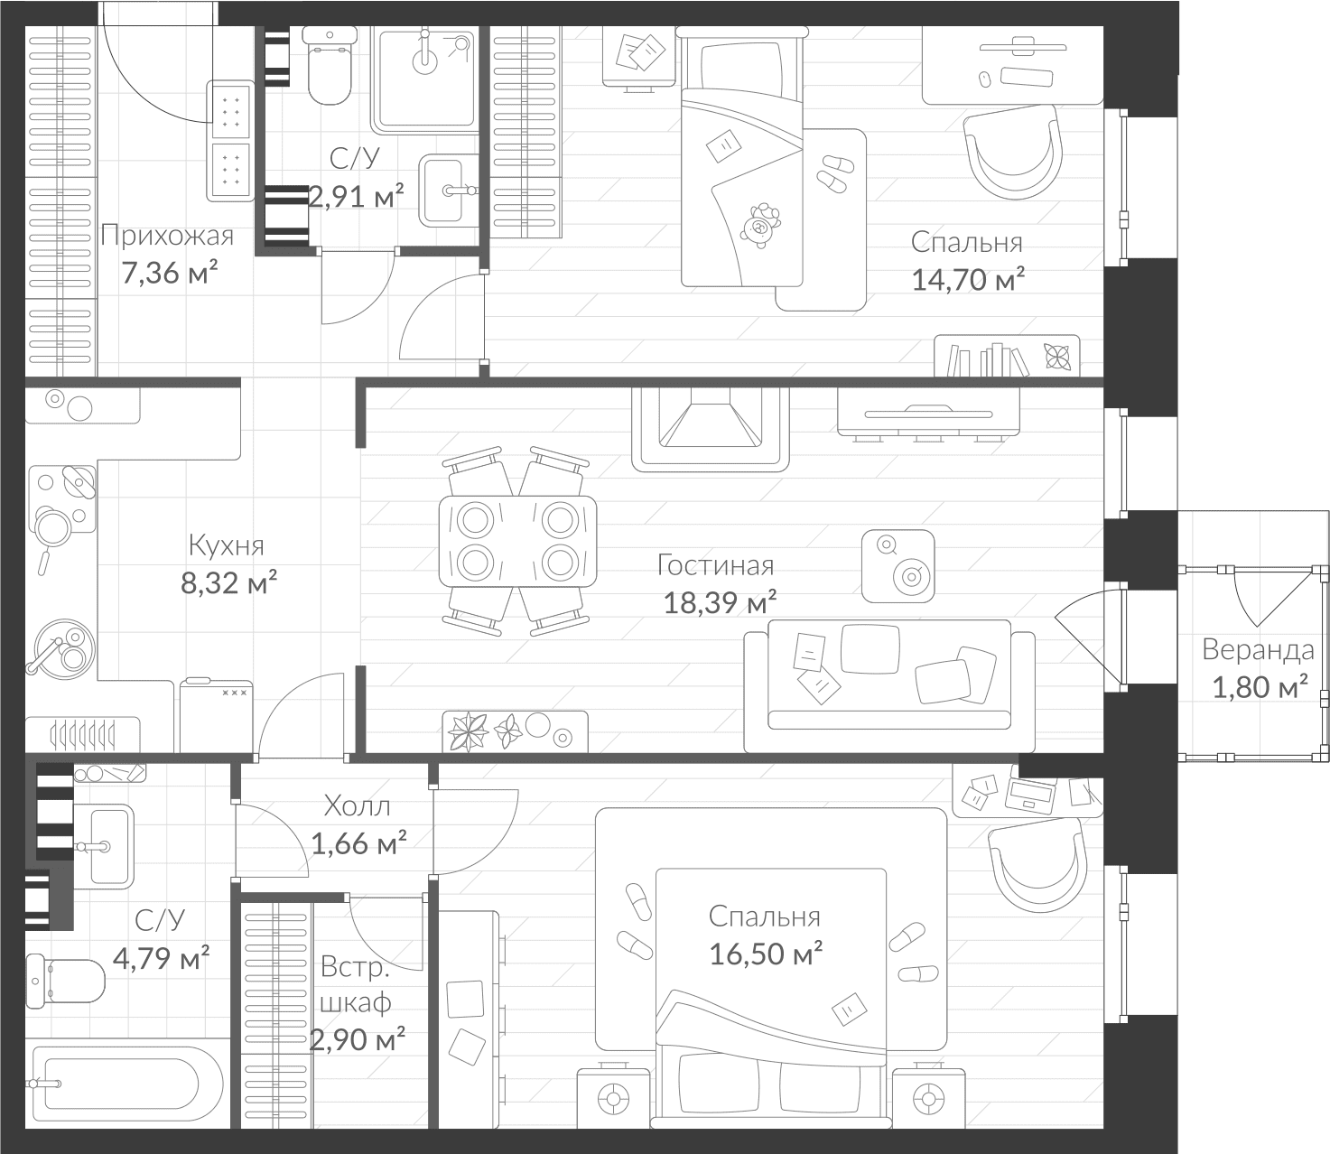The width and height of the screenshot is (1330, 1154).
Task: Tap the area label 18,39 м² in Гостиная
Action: point(720,602)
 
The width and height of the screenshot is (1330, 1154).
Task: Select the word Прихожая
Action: point(167,236)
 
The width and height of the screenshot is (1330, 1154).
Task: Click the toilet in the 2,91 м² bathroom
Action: point(329,65)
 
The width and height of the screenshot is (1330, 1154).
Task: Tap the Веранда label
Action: point(1258,649)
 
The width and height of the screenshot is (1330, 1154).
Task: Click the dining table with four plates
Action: point(517,541)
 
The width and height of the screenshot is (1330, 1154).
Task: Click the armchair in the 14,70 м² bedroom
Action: point(1012,152)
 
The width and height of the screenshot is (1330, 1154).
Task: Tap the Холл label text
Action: point(357,805)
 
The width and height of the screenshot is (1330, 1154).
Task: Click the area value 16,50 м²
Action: point(765,954)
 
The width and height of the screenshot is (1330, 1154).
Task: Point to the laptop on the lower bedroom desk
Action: point(1030,795)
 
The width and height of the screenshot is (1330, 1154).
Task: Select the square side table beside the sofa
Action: point(898,566)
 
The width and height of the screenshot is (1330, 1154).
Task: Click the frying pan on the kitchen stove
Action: point(51,528)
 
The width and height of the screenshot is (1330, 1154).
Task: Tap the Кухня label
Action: point(226,545)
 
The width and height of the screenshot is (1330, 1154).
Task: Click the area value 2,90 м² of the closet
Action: point(358,1040)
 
